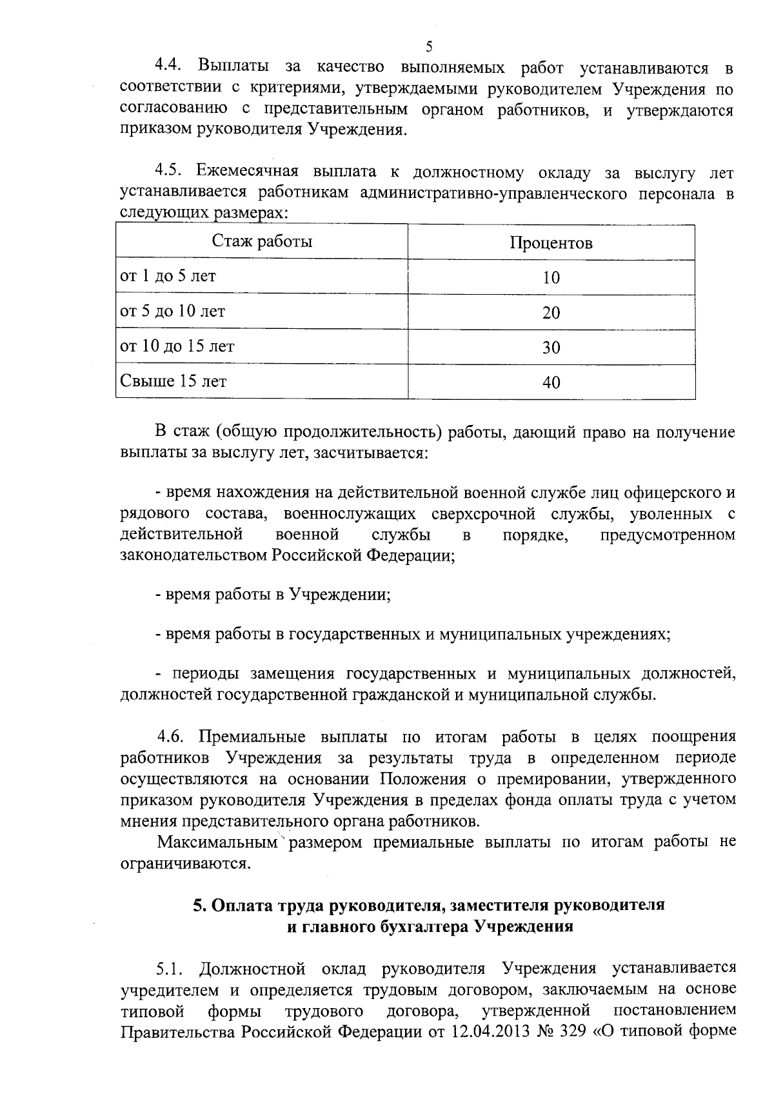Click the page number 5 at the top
point(429,46)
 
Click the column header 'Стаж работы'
point(262,241)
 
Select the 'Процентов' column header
point(551,243)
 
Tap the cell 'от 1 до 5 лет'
point(168,276)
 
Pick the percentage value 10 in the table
point(551,278)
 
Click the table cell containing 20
point(551,313)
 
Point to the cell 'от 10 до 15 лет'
point(177,346)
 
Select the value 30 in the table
point(551,348)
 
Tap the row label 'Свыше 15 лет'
point(174,381)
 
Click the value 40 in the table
point(551,383)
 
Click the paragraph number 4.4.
point(169,67)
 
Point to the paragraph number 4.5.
point(169,172)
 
